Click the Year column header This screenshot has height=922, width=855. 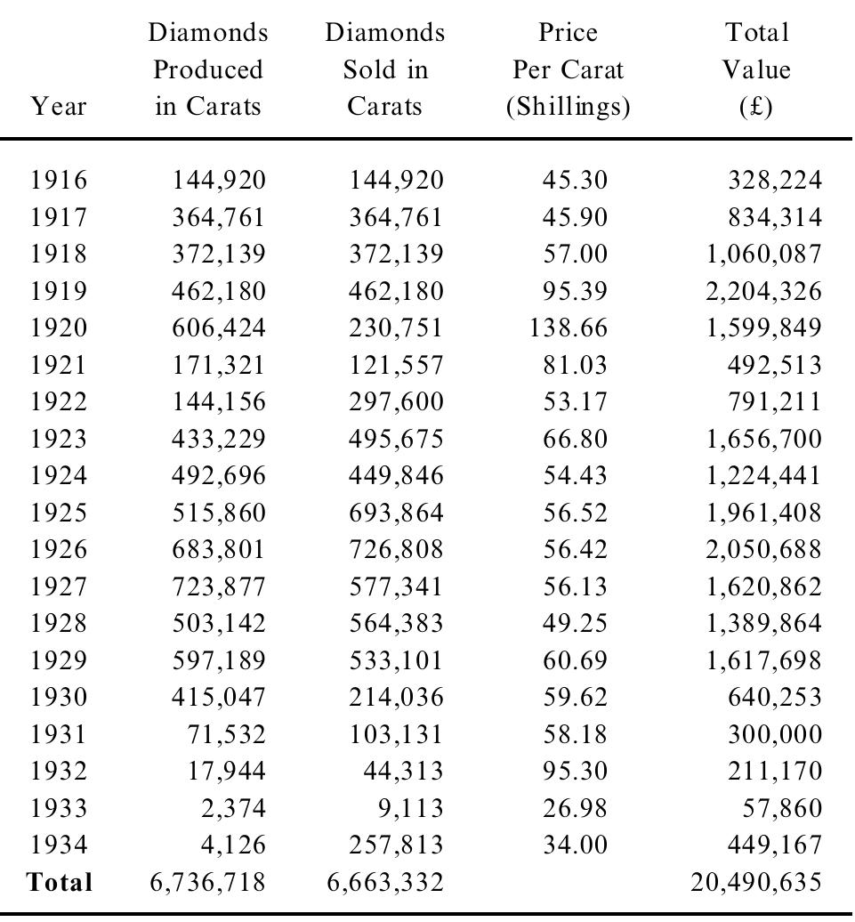coord(59,108)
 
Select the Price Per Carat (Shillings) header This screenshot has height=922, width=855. coord(569,70)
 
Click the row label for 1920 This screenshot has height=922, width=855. coord(59,328)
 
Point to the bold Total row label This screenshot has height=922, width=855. coord(60,882)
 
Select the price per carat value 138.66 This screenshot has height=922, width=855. coord(569,328)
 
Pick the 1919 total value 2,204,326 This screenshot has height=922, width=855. coord(763,291)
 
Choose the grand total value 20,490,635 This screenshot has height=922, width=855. coord(756,882)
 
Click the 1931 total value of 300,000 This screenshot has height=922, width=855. coord(772,734)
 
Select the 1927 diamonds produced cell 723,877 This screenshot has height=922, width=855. coord(219,586)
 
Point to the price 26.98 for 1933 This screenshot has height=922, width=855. coord(576,808)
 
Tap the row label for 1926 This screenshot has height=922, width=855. coord(59,549)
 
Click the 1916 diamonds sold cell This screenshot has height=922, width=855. coord(395,181)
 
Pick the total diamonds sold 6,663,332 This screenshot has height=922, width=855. coord(386,882)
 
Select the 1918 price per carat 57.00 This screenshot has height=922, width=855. coord(576,254)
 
